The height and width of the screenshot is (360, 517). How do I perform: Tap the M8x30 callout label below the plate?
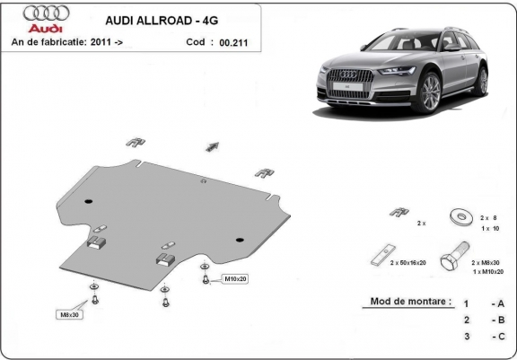point(68,314)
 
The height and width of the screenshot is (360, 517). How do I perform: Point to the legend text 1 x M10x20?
point(486,270)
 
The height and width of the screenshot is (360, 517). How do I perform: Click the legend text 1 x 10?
point(489,228)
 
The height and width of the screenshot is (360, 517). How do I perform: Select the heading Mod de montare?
point(409,302)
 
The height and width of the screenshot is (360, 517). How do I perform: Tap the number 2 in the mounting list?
point(466,320)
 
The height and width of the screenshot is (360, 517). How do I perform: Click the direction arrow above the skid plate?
point(213,145)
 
